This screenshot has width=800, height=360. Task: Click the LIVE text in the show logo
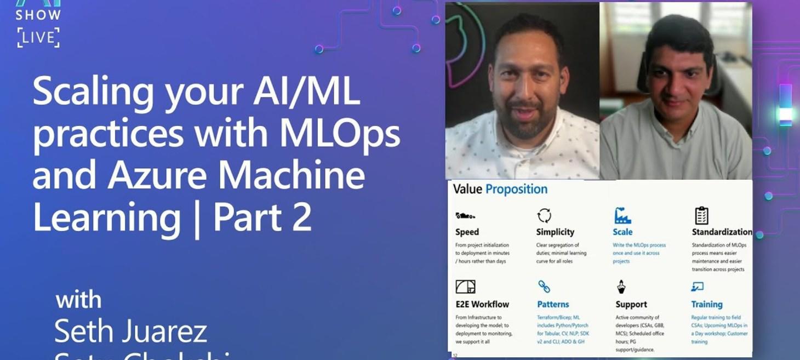pyautogui.click(x=38, y=37)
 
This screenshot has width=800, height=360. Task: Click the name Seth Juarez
pyautogui.click(x=130, y=331)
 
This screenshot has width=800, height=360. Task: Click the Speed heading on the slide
pyautogui.click(x=467, y=232)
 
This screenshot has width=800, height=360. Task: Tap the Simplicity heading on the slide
pyautogui.click(x=555, y=232)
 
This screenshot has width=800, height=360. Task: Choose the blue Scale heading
pyautogui.click(x=622, y=232)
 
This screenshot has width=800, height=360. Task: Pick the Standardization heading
pyautogui.click(x=722, y=232)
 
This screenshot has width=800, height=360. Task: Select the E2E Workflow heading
pyautogui.click(x=482, y=304)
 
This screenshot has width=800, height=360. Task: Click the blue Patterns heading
pyautogui.click(x=553, y=304)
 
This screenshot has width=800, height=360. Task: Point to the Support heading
pyautogui.click(x=631, y=304)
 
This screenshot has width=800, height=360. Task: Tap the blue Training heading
pyautogui.click(x=706, y=304)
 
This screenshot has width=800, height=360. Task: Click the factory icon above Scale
pyautogui.click(x=622, y=215)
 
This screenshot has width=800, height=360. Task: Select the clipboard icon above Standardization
pyautogui.click(x=701, y=215)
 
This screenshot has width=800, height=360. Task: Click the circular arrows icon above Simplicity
pyautogui.click(x=544, y=215)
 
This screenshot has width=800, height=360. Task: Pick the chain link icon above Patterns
pyautogui.click(x=544, y=286)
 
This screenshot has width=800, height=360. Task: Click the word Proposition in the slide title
pyautogui.click(x=516, y=190)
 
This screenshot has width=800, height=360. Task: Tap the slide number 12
pyautogui.click(x=455, y=355)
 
